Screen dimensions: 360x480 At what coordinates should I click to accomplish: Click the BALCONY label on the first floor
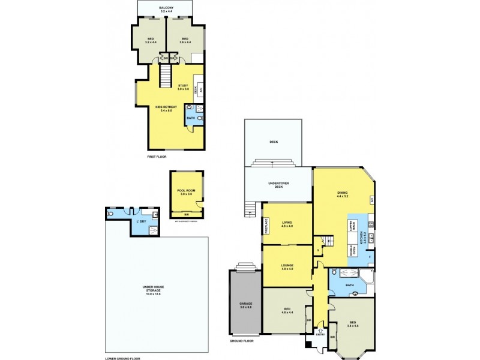(167, 8)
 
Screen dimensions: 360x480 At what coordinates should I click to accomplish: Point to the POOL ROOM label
(186, 192)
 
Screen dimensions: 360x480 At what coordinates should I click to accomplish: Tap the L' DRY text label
(141, 221)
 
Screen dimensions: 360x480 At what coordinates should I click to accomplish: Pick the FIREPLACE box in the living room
(266, 225)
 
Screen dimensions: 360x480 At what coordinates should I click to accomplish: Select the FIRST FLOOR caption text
(157, 157)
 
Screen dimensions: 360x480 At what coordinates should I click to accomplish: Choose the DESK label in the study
(196, 88)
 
